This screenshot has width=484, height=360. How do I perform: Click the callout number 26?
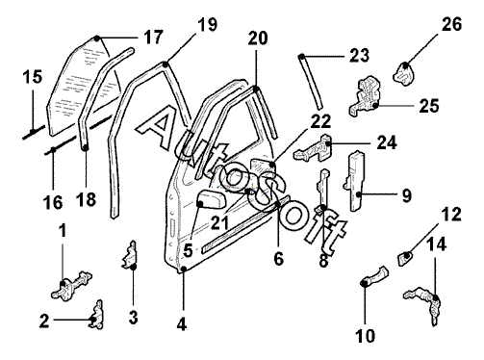point(451,24)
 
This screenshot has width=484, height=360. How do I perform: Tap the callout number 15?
point(32,77)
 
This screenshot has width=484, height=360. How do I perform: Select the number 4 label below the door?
point(182,324)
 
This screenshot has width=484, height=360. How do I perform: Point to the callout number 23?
point(359,55)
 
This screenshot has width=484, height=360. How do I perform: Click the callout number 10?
point(366,336)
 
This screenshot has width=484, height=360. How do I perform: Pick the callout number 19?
point(207,25)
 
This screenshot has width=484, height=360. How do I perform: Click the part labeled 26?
point(404,74)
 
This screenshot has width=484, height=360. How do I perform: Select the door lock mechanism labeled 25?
point(365,96)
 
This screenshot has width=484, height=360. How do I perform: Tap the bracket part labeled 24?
point(314,147)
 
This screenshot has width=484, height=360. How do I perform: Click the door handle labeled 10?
point(375,277)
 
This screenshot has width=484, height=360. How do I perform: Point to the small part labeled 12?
point(405,258)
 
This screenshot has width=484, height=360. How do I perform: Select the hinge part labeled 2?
point(96,315)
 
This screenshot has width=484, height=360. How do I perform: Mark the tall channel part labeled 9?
point(355,181)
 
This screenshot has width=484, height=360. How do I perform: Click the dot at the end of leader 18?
point(86,147)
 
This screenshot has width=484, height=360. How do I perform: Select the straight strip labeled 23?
point(310,82)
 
